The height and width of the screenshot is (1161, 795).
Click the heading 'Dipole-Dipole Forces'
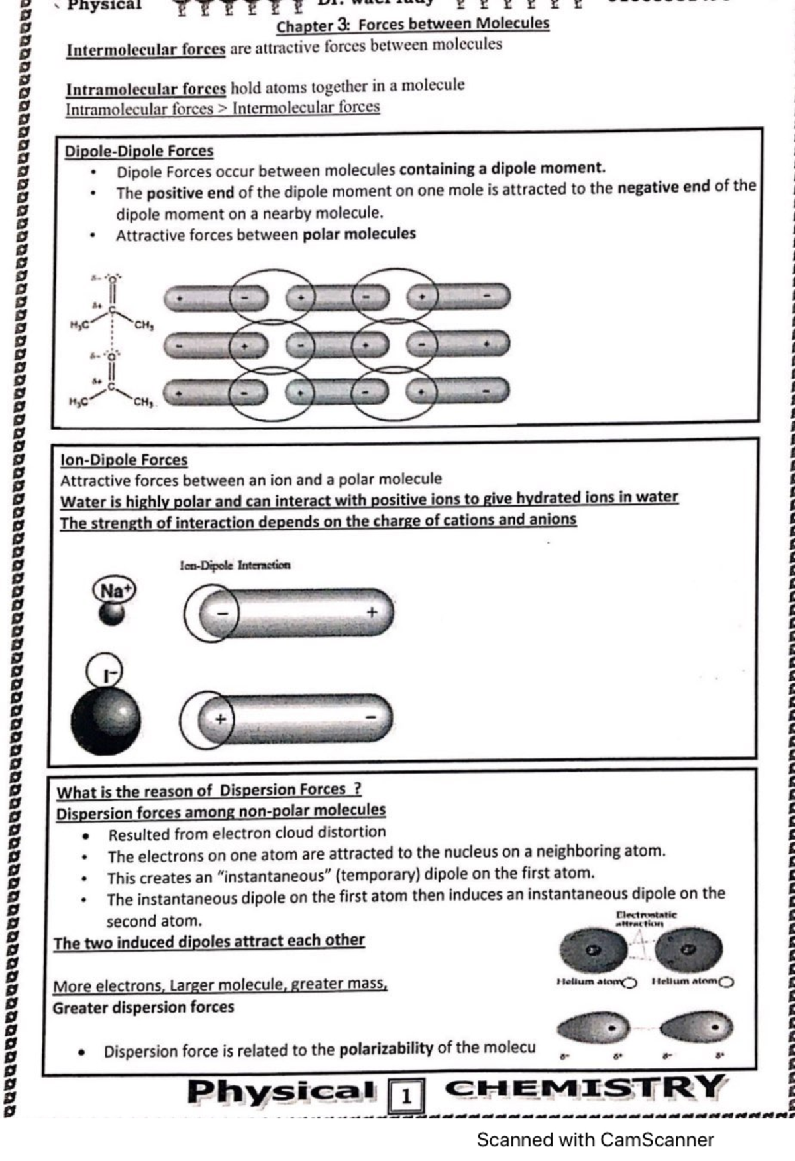(138, 151)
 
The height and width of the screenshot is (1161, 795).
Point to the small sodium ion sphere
(111, 614)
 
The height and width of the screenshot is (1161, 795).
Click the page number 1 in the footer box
(406, 1097)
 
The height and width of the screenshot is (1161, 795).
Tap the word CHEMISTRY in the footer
(586, 1088)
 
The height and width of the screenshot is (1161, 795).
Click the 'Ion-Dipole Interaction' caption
(235, 565)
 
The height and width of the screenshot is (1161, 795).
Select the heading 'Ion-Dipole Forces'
(124, 460)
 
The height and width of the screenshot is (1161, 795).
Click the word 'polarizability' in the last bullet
(386, 1048)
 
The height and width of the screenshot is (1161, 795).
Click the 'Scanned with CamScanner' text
(594, 1139)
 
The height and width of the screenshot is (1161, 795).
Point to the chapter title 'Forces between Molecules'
(454, 24)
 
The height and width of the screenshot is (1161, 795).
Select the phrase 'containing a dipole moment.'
(502, 168)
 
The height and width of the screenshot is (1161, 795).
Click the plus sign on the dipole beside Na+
(372, 612)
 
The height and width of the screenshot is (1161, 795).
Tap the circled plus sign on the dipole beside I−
(220, 719)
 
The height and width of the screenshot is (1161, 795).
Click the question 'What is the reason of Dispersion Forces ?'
(209, 790)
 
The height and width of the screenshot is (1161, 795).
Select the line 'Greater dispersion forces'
(143, 1007)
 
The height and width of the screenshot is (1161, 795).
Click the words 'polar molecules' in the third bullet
(359, 234)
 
